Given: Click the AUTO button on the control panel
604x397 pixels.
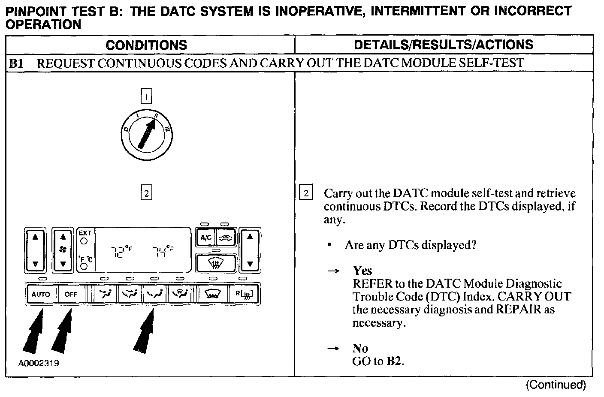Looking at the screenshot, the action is (x=41, y=294).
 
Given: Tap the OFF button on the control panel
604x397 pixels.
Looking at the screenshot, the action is (x=71, y=294).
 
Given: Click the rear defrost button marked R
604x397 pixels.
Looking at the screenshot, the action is (x=244, y=294).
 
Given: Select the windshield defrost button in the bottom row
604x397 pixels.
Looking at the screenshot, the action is (x=213, y=294).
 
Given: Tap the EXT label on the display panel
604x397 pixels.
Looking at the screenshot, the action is (x=85, y=233).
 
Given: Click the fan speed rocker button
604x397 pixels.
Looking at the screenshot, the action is (x=63, y=250).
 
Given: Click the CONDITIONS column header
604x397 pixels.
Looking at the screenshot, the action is (x=146, y=45).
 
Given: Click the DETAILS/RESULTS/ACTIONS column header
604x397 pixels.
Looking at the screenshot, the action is (x=444, y=45).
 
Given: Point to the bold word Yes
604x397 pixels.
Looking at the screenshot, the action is (x=362, y=271).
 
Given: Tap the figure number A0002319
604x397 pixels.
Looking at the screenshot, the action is (x=39, y=364).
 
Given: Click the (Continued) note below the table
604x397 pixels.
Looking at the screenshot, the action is (x=556, y=385).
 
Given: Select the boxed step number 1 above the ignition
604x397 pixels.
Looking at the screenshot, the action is (x=146, y=96).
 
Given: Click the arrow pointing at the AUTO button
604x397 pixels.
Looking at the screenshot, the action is (x=33, y=332).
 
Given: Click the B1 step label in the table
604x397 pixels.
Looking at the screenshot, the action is (x=16, y=63).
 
